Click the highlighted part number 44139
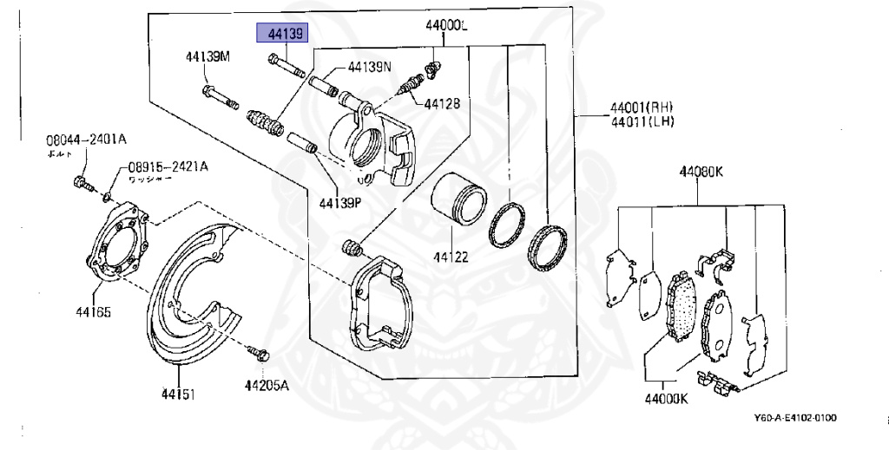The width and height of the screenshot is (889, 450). point(283,34)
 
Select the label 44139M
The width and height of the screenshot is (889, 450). point(207,57)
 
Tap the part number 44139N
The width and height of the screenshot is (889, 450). point(370,66)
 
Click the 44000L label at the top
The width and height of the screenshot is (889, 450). point(445,27)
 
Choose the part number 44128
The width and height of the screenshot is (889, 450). point(442,103)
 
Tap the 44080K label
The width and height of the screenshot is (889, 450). point(701,171)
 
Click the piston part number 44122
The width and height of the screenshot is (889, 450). point(451,257)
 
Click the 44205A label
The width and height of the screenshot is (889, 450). point(266,387)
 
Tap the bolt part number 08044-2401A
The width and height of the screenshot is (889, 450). point(86,139)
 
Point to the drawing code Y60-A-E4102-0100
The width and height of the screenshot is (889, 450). point(794,418)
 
